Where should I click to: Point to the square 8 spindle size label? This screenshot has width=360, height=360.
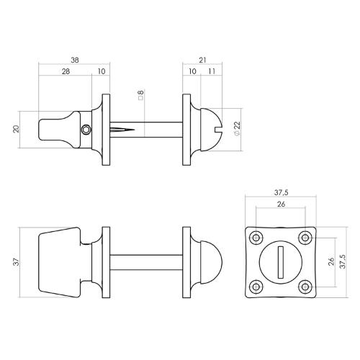(141, 96)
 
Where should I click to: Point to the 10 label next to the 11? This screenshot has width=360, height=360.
(192, 72)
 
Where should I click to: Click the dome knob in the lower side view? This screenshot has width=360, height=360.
(216, 261)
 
